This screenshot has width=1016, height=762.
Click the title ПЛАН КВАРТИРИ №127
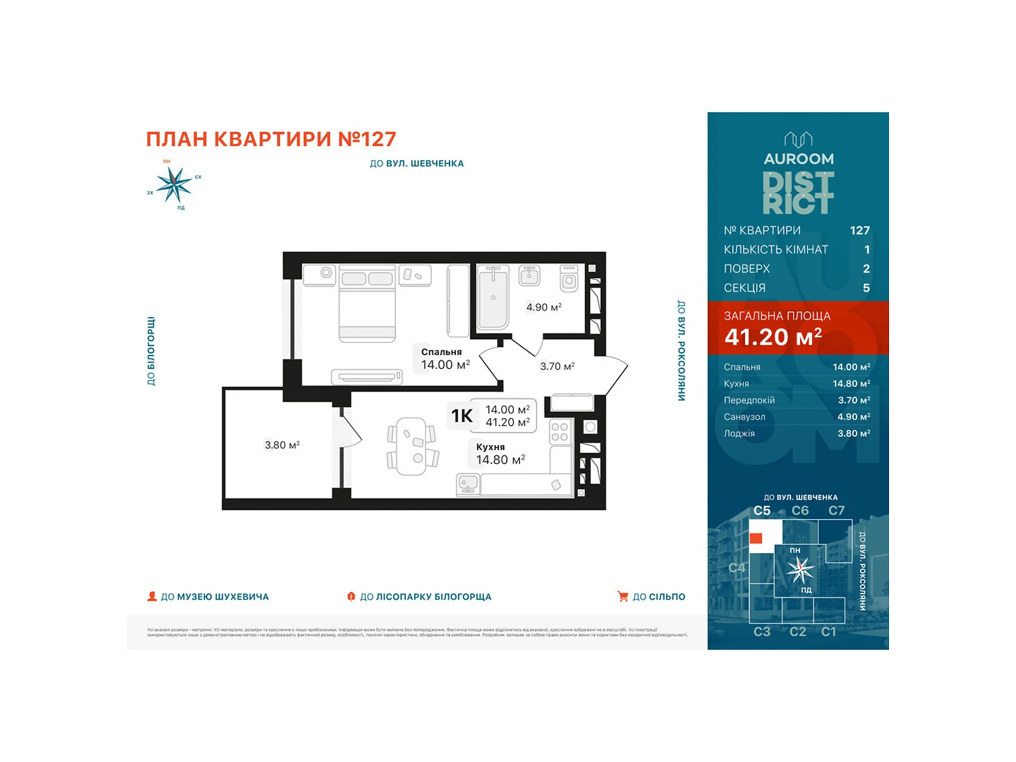271,139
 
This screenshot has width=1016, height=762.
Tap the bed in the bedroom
367,304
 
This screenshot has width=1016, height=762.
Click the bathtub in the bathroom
493,297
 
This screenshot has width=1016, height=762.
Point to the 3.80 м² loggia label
282,445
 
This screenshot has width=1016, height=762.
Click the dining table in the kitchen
411,446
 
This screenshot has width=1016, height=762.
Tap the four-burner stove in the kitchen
559,432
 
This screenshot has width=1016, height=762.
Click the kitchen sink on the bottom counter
468,485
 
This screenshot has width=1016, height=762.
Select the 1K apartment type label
462,416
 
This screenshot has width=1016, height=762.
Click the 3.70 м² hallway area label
557,366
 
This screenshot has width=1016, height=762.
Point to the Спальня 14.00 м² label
445,359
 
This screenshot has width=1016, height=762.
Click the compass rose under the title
173,184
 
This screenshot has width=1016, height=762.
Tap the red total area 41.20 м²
773,337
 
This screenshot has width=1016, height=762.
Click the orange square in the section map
756,538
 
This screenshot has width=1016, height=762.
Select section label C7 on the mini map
836,511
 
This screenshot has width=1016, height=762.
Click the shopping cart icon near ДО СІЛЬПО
622,596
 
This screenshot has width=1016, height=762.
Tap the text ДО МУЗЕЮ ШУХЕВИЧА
215,597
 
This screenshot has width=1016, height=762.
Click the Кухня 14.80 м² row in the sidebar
797,384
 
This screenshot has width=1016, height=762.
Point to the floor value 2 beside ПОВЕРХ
866,269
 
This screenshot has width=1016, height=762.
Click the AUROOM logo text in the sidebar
798,159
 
